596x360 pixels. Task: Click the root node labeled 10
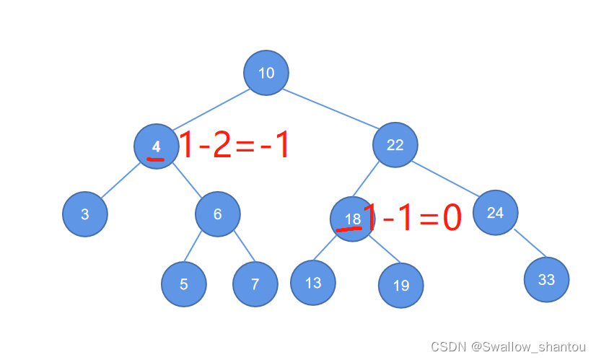pyautogui.click(x=266, y=72)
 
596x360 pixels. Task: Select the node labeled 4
pyautogui.click(x=156, y=146)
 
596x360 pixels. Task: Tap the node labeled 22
pyautogui.click(x=395, y=146)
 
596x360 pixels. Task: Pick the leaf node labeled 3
pyautogui.click(x=85, y=214)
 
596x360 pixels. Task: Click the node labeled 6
pyautogui.click(x=217, y=214)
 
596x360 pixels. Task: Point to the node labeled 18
pyautogui.click(x=352, y=219)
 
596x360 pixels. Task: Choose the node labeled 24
pyautogui.click(x=495, y=213)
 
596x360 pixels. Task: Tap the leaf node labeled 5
pyautogui.click(x=184, y=284)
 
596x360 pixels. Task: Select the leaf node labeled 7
pyautogui.click(x=255, y=284)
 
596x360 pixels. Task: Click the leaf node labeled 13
pyautogui.click(x=312, y=282)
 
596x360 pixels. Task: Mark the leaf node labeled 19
pyautogui.click(x=400, y=286)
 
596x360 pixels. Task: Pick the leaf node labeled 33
pyautogui.click(x=546, y=279)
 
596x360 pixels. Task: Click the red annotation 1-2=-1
pyautogui.click(x=234, y=146)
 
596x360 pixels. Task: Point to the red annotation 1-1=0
pyautogui.click(x=411, y=217)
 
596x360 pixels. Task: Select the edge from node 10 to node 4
pyautogui.click(x=211, y=110)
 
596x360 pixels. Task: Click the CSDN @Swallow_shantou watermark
pyautogui.click(x=509, y=347)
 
